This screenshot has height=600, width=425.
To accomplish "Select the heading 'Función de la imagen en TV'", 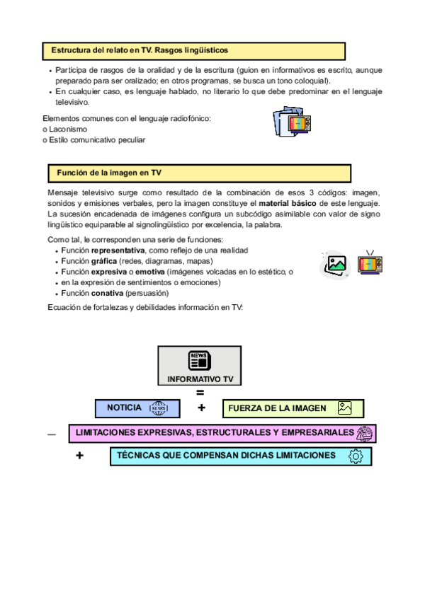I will point(109,173).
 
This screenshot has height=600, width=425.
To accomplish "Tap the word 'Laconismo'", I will point(68,129).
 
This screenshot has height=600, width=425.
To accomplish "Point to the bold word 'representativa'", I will point(118,251).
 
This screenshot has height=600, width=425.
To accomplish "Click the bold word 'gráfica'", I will point(104,261).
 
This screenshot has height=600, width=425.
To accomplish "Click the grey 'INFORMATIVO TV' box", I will point(200,367).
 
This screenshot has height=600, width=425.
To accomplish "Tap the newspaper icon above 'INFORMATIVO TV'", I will point(200,360).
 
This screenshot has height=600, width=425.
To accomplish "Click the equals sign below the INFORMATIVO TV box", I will point(200,393).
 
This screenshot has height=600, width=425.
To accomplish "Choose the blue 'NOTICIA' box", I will point(137,408).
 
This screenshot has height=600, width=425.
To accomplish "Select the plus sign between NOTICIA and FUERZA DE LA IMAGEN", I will point(202,408).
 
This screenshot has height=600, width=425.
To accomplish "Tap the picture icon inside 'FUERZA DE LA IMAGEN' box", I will point(345,408).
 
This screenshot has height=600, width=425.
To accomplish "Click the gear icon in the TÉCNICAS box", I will point(356,456).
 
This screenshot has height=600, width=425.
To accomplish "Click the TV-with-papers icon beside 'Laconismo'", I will point(292,124).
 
